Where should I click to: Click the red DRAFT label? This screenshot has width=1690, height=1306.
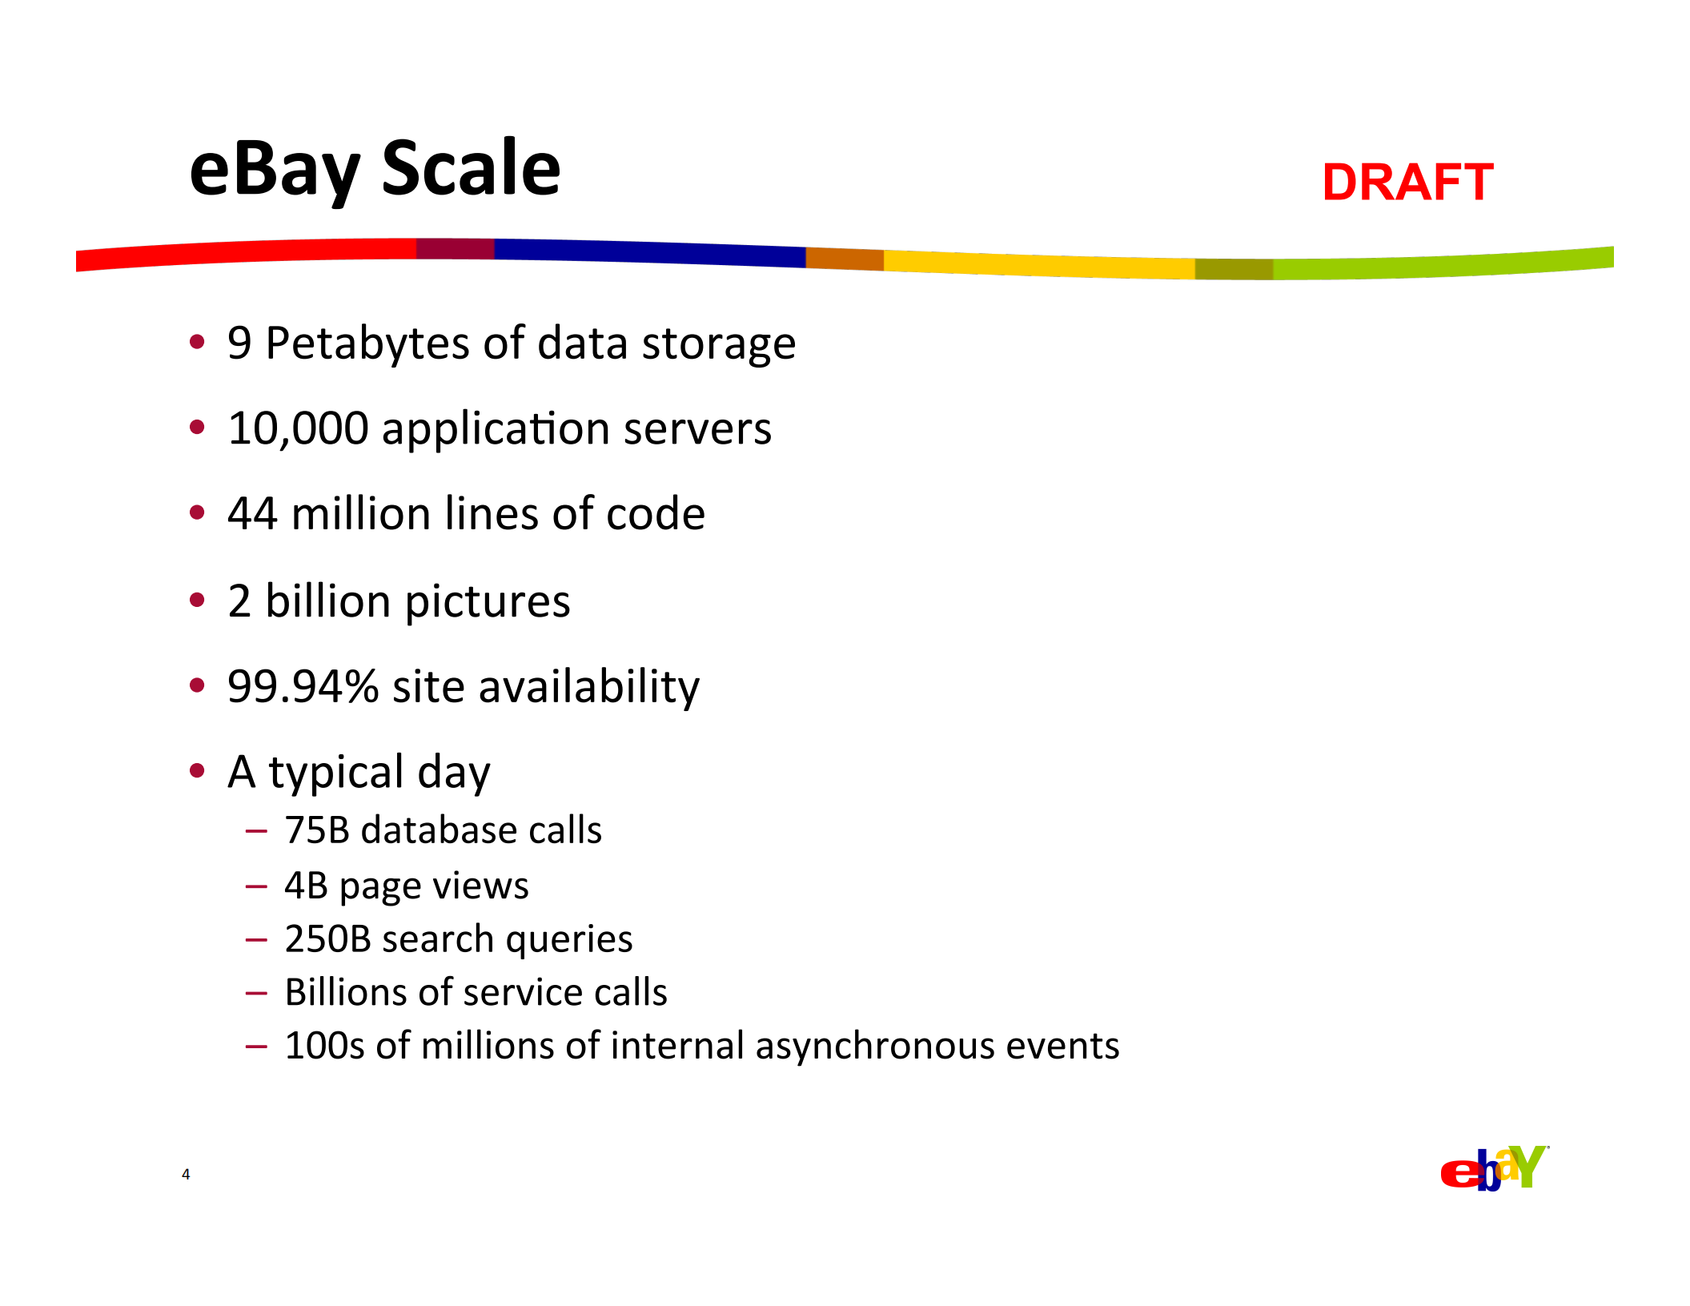click(1407, 183)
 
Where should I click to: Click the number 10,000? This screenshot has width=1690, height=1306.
click(298, 429)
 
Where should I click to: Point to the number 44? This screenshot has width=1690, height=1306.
click(252, 514)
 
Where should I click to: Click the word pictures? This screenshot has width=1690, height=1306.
click(488, 602)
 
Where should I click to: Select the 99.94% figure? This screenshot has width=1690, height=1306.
click(303, 687)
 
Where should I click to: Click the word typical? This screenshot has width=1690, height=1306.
click(336, 774)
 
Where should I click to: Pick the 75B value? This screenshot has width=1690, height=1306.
click(317, 830)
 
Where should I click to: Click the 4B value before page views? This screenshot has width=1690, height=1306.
click(306, 886)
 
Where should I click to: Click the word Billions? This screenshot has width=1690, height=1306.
click(357, 993)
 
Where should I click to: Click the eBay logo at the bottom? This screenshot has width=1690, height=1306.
click(1494, 1169)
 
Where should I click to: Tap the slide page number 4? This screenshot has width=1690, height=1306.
click(186, 1175)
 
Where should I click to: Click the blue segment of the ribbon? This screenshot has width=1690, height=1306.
click(648, 252)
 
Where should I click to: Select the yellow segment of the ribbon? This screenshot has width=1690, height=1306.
click(1041, 265)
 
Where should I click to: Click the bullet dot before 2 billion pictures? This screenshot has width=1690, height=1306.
click(197, 600)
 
